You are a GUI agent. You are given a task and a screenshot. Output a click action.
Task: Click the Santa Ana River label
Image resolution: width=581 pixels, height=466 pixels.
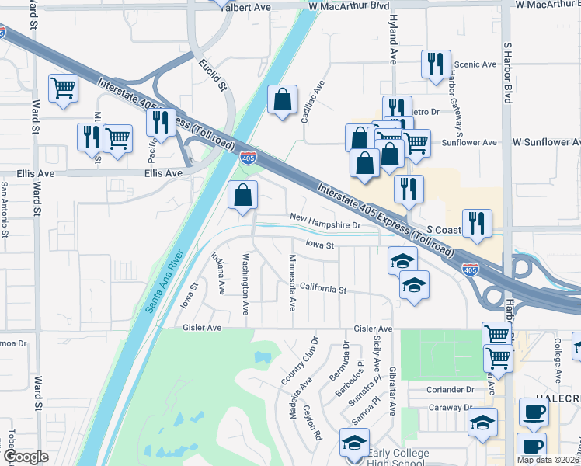tap(165, 281)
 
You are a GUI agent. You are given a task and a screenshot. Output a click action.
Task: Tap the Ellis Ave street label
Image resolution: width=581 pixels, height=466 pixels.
tap(164, 173)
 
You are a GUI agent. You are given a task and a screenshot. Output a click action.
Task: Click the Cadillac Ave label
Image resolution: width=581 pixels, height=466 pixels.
tap(313, 100)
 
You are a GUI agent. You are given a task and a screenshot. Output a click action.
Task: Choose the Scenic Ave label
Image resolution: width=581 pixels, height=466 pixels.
tap(478, 64)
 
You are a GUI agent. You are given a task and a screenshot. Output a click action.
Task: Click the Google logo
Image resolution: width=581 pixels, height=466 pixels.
tap(26, 457)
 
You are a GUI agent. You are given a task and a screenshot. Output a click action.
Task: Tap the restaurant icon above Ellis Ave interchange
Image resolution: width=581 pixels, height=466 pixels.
tap(161, 121)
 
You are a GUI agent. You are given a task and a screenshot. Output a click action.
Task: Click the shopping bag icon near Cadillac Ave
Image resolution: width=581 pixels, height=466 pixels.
tap(282, 99)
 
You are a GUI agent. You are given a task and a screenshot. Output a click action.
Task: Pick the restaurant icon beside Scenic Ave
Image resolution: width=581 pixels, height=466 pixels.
tap(435, 64)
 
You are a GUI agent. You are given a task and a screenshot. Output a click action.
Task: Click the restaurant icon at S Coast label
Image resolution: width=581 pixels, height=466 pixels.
tap(477, 222)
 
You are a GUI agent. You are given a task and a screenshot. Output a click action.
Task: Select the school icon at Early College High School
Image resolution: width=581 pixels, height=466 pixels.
tap(354, 443)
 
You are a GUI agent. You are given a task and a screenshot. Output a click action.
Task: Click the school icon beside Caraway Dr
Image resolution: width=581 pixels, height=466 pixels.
tap(482, 423)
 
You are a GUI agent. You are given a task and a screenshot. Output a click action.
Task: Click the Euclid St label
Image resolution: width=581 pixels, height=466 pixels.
tap(211, 74)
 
